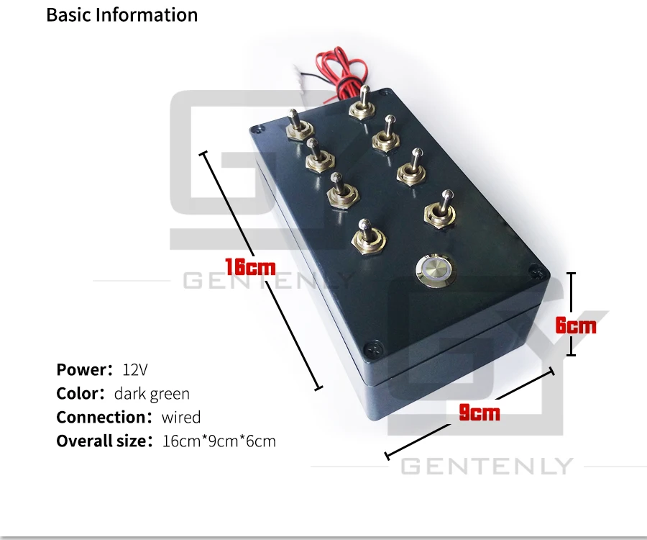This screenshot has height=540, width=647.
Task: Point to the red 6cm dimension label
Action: click(576, 325)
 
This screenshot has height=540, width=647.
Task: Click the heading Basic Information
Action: click(121, 14)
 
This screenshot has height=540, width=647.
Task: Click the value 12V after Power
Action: click(135, 370)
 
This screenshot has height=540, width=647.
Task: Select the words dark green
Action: click(152, 394)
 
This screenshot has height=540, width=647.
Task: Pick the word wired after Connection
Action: click(181, 418)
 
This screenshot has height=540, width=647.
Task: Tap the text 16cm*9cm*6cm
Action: click(219, 441)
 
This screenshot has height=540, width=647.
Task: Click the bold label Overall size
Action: click(101, 441)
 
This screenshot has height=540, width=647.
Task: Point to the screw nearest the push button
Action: click(532, 272)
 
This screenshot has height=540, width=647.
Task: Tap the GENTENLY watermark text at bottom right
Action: click(486, 467)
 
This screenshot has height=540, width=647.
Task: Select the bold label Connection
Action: click(101, 418)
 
